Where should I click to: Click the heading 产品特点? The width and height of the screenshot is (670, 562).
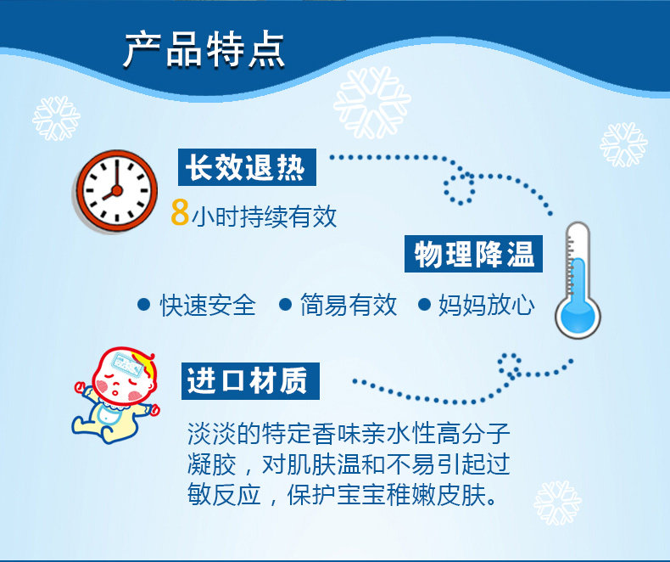(x=204, y=50)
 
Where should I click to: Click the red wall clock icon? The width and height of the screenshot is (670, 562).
(x=116, y=191)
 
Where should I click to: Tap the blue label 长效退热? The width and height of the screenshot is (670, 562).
(x=247, y=167)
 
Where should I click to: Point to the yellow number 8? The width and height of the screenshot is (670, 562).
(x=180, y=212)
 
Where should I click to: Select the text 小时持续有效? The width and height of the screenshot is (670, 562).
(x=264, y=216)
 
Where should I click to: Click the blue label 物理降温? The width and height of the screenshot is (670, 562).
(x=473, y=254)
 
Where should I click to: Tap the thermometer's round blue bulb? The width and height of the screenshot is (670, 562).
(x=578, y=318)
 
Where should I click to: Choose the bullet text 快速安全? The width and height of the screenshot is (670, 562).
(x=208, y=306)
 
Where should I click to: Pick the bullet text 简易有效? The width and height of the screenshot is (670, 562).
(x=349, y=305)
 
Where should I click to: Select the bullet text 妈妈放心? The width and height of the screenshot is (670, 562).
(x=487, y=305)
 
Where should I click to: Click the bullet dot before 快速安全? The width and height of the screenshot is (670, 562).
(x=144, y=305)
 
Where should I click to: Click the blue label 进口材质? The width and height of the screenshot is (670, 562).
(x=250, y=381)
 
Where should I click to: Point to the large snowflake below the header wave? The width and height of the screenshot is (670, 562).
(x=371, y=102)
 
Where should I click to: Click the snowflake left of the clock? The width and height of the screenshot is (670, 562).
(x=56, y=119)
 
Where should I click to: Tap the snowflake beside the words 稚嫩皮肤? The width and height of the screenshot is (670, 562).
(x=557, y=503)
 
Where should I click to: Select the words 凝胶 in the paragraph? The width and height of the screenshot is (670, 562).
(x=211, y=464)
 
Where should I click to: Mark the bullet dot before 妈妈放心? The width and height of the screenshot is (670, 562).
(x=424, y=305)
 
